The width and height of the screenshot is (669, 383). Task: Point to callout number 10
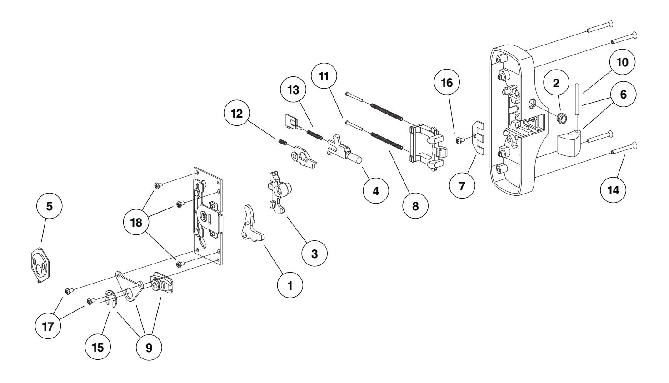[x=622, y=63]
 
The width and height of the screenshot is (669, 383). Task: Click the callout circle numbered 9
[x=149, y=348]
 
